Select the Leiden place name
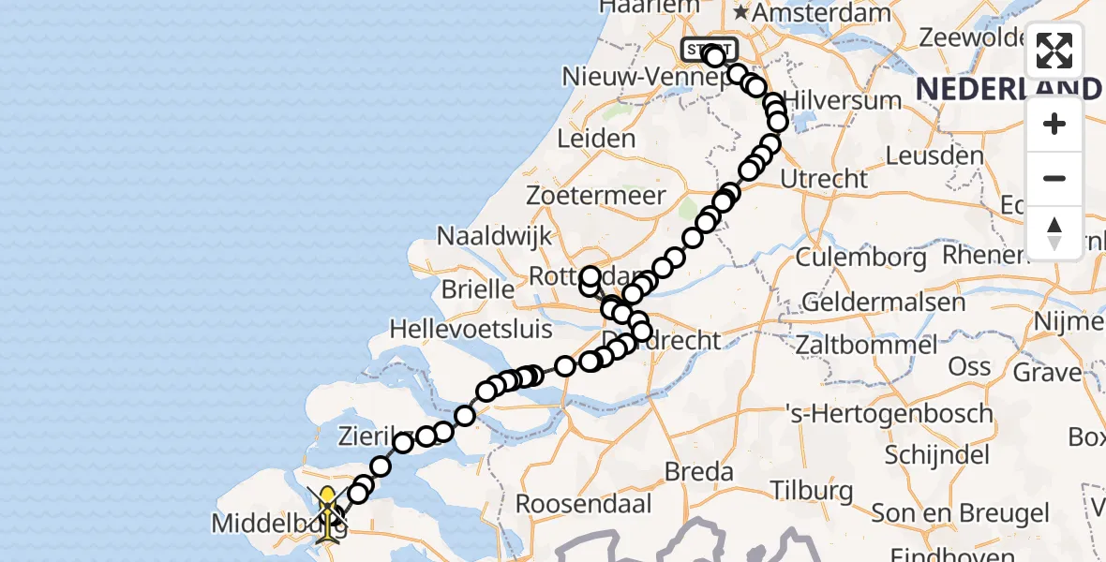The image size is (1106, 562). [596, 139]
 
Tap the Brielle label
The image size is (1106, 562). [477, 288]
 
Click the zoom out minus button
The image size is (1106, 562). [1054, 178]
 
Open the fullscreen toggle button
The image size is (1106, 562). [1054, 51]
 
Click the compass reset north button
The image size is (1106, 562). [1054, 232]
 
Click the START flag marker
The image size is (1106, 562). [710, 49]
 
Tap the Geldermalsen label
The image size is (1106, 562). [884, 303]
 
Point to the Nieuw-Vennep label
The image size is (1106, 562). [635, 76]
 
